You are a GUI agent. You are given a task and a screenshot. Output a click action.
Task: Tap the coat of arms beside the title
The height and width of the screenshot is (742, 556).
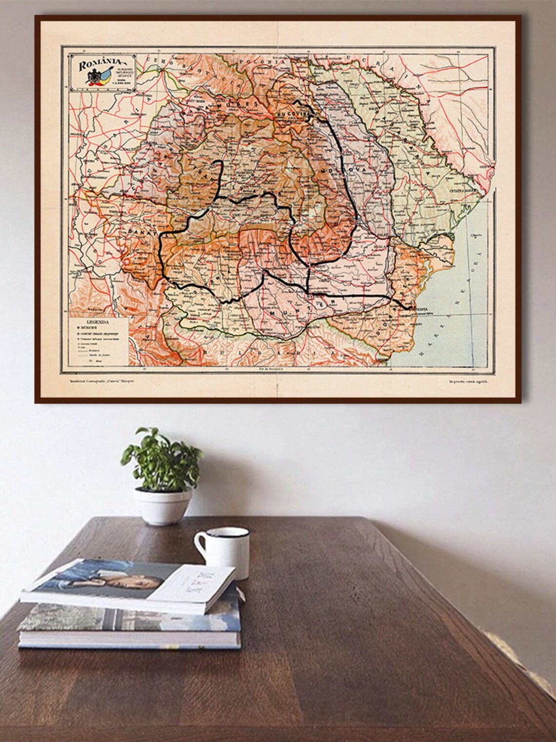pyautogui.click(x=93, y=77)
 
